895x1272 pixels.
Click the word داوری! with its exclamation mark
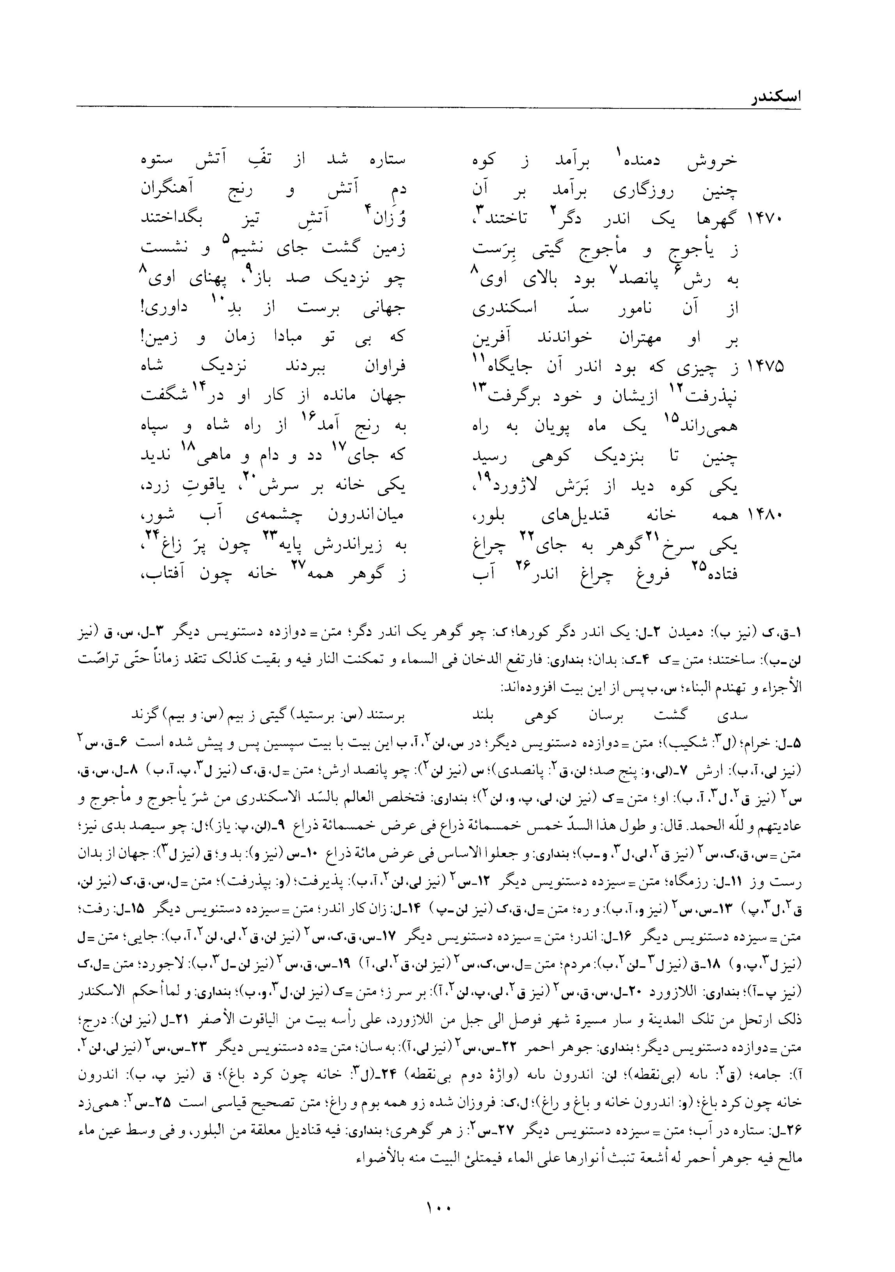pos(165,308)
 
